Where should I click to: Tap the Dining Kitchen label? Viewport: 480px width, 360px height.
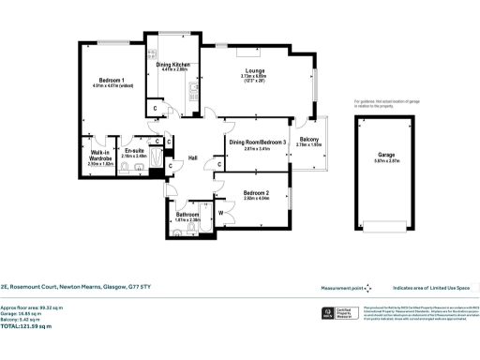click(174, 63)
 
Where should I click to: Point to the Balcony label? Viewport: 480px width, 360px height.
click(308, 139)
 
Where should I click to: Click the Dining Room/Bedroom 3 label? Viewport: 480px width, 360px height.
click(256, 142)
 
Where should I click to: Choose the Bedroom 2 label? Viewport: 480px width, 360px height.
click(256, 192)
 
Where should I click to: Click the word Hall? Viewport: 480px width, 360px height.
click(193, 157)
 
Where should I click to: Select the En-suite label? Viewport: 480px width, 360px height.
click(134, 150)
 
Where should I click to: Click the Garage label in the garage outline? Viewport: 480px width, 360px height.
click(386, 154)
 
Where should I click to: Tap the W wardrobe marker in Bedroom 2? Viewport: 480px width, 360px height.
click(219, 213)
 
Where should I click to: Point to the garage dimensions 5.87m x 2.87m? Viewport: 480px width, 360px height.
click(386, 160)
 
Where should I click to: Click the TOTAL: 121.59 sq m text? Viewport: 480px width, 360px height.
click(26, 326)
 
